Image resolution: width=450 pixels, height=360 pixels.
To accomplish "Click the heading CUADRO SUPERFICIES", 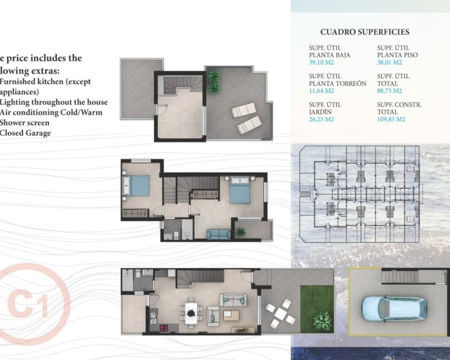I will click(364, 33).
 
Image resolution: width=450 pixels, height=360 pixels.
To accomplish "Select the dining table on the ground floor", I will click(192, 311).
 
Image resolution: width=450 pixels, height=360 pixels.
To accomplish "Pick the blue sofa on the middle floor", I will click(218, 235).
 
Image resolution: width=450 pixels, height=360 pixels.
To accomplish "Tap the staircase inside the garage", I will click(399, 276).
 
